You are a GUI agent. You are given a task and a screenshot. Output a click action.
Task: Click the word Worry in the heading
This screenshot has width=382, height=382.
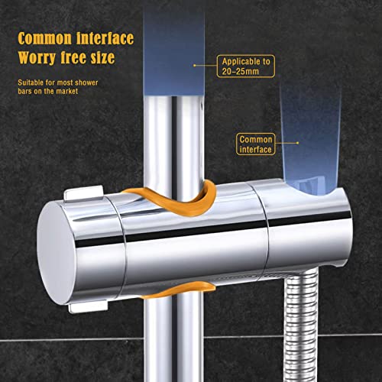tap(37, 58)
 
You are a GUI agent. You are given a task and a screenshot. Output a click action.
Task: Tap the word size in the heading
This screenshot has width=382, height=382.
tap(102, 57)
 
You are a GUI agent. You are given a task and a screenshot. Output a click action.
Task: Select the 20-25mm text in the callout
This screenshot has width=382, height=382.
tap(240, 71)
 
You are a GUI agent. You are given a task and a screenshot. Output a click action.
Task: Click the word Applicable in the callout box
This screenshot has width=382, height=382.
tap(238, 61)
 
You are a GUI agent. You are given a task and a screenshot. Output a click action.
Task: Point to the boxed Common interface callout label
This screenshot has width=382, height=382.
tap(256, 144)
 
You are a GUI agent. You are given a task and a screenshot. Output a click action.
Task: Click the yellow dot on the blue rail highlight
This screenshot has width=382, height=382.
tap(195, 66)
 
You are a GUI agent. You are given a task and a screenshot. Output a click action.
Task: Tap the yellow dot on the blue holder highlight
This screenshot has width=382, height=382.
tap(297, 143)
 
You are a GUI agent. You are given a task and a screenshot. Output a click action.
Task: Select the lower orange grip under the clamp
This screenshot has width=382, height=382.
tap(178, 290)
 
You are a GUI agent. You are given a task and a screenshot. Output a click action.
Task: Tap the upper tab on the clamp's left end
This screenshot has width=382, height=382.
tap(83, 193)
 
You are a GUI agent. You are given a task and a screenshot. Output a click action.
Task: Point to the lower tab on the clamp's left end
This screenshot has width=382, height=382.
tap(88, 306)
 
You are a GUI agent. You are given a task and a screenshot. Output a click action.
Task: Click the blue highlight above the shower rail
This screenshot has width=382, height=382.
tap(174, 53)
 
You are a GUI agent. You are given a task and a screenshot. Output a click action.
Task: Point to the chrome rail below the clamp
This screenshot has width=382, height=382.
tap(174, 338)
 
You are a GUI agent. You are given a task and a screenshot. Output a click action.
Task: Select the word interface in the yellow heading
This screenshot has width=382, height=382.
tap(105, 38)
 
